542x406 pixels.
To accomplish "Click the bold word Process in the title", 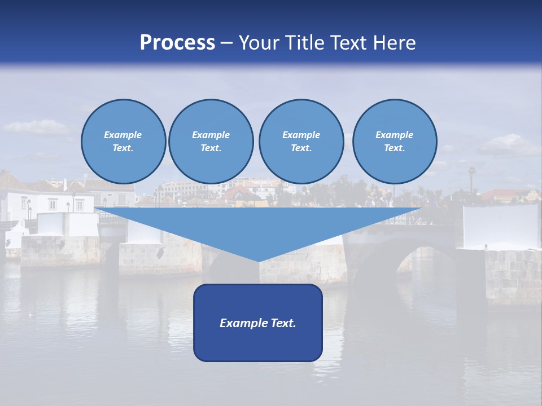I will (x=177, y=43).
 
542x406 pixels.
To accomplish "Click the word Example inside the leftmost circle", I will (x=123, y=135).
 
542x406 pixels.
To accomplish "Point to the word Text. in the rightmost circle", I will (x=394, y=148).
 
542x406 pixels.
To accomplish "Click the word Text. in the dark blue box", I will (x=283, y=323).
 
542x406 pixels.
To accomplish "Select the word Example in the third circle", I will (x=301, y=135).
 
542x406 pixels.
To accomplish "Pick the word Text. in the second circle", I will (x=211, y=148).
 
